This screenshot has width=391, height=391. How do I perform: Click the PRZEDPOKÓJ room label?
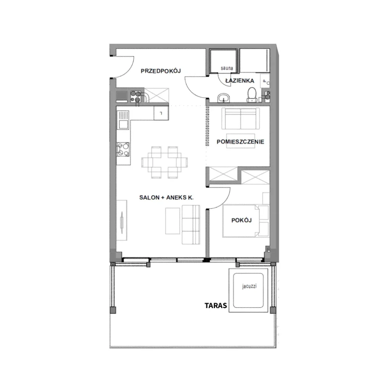[161, 71]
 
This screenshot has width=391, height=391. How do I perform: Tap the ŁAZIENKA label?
[240, 81]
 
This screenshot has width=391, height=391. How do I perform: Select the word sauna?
[227, 68]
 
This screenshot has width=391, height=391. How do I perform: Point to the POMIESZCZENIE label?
[241, 142]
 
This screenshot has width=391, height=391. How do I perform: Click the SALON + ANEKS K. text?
[166, 197]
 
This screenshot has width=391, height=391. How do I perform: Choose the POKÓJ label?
[241, 220]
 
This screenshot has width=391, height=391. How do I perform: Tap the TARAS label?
[216, 305]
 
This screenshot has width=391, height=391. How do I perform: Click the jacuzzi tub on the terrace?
[249, 290]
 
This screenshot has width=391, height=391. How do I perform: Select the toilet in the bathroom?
[252, 95]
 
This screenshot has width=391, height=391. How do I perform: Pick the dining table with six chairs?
[165, 162]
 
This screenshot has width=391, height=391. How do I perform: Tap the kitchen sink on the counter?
[123, 120]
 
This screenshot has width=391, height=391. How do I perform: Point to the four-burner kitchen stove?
[123, 149]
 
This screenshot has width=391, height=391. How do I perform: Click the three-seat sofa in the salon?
[191, 225]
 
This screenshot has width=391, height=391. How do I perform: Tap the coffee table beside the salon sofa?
[173, 221]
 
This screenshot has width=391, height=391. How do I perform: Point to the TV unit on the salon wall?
[122, 220]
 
